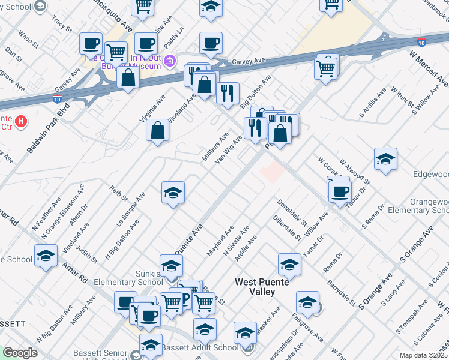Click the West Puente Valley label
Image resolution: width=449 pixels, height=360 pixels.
coord(263,287)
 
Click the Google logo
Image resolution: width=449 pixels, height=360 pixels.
coord(20,353)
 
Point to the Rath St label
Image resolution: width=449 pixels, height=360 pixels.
coord(119,193)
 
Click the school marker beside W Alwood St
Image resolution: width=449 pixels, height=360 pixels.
coord(385,158)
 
